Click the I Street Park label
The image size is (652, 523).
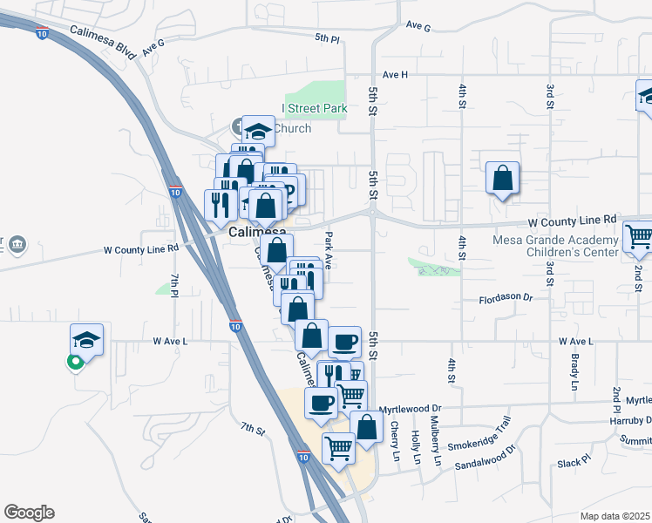315,109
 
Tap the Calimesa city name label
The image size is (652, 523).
258,233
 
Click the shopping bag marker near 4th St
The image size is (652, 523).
503,179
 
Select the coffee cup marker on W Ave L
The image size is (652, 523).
345,340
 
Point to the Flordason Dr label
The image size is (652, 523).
506,298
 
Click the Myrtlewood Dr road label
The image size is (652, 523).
412,407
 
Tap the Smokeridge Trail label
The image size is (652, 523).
479,437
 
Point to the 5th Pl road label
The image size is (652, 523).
327,38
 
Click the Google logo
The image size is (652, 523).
29,513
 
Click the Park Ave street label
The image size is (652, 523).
329,250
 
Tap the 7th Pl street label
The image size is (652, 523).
173,284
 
